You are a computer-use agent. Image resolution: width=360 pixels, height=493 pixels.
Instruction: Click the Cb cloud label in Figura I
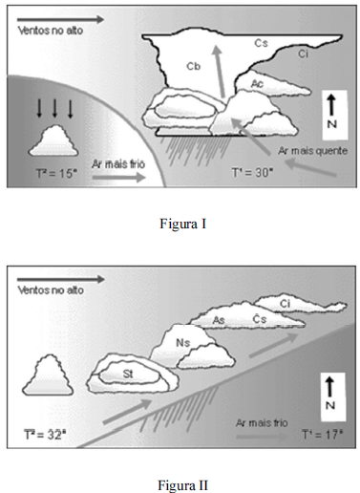[193, 66]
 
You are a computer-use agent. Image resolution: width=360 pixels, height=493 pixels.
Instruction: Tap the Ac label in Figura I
[257, 83]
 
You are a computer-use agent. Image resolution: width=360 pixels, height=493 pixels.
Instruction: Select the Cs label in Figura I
[261, 43]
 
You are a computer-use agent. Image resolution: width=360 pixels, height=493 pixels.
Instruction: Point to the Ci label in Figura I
[304, 54]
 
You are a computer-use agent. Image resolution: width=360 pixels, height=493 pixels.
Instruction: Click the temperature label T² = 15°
[56, 174]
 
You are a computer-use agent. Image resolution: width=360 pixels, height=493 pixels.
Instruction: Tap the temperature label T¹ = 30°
[252, 172]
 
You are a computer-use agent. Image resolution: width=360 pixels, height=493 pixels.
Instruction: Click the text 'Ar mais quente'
[312, 151]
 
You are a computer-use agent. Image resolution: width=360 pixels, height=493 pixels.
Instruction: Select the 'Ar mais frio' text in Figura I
[118, 164]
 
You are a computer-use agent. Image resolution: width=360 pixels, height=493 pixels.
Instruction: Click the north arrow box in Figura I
[334, 116]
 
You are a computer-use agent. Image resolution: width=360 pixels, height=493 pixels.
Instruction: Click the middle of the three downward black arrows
[54, 108]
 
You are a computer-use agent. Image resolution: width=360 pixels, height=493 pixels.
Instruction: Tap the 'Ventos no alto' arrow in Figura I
[60, 20]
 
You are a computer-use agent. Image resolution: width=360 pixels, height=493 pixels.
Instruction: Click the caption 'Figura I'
[183, 224]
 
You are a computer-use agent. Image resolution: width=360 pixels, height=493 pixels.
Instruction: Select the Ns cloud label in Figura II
[182, 343]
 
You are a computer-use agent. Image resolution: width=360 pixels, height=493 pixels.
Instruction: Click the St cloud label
[128, 374]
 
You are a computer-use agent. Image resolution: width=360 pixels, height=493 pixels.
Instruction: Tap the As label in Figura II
[219, 320]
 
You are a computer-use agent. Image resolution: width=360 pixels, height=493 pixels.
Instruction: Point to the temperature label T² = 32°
[45, 435]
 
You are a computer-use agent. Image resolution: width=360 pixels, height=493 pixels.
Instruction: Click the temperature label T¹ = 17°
[322, 434]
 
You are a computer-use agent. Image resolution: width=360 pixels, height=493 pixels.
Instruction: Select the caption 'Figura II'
[183, 485]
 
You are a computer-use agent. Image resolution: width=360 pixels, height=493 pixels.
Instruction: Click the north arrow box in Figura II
[333, 397]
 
